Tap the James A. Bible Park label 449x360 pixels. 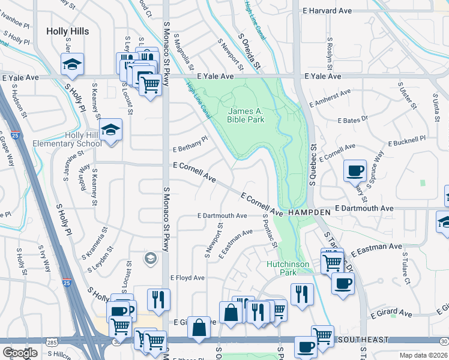point(246,115)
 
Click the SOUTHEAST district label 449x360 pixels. point(360,339)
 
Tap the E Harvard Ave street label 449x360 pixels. point(327,11)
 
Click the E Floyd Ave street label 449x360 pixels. point(187,278)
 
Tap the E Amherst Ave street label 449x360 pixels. point(330,97)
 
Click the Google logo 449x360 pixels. point(20,353)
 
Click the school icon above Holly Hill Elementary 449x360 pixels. point(111,130)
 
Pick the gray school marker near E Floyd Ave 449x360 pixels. point(150,259)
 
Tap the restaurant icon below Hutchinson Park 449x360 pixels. point(301,294)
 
